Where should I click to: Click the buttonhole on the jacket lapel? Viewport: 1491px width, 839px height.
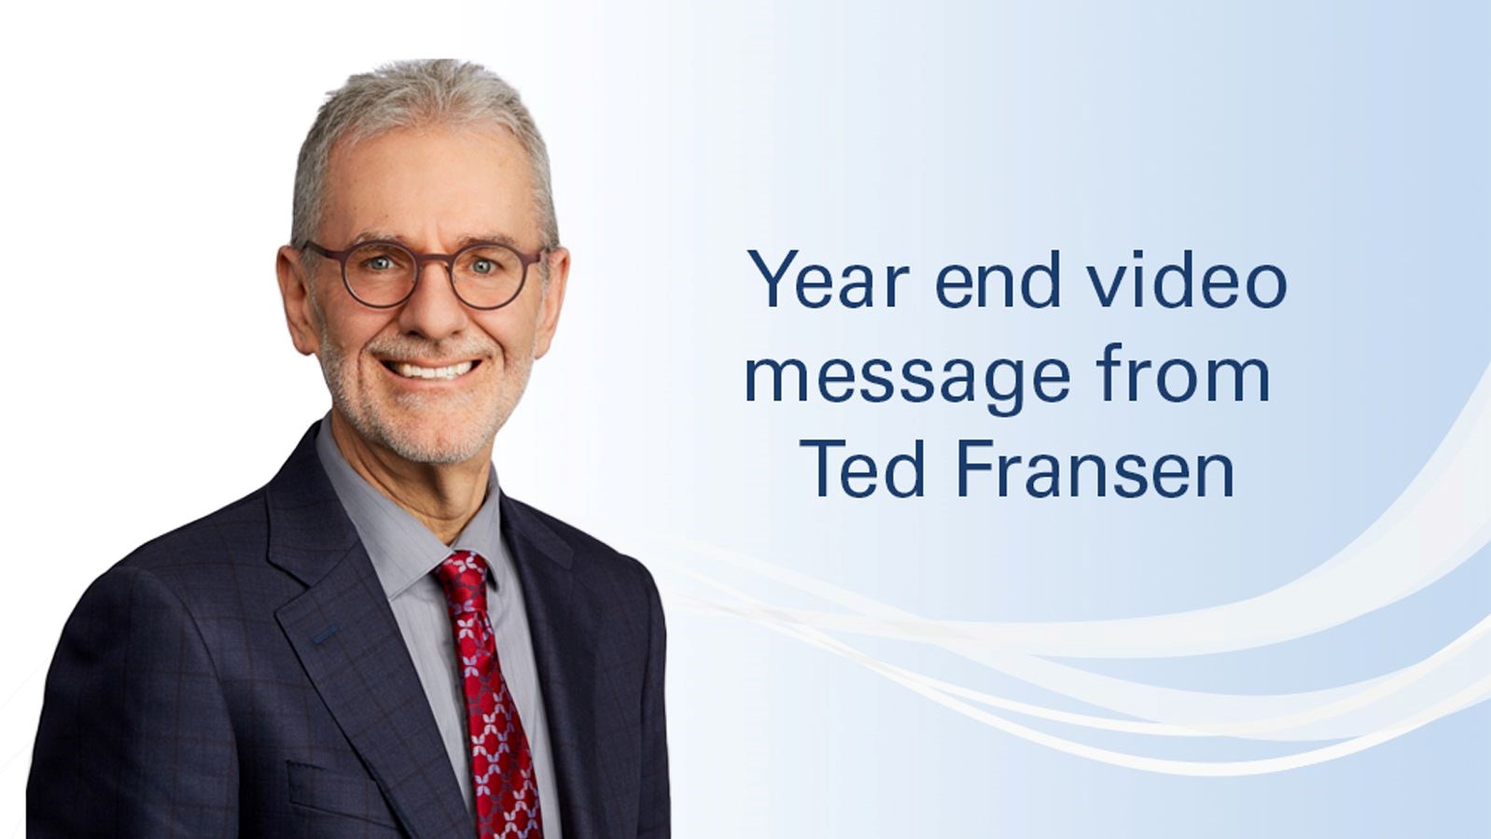coord(325,634)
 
